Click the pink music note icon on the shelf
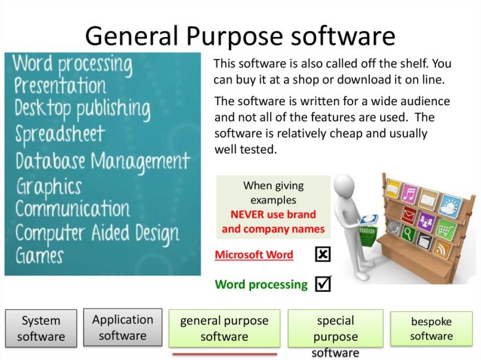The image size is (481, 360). tap(410, 193)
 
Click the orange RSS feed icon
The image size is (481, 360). tap(443, 249)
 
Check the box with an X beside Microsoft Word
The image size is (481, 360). tap(322, 255)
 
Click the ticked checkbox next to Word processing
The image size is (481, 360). tap(322, 283)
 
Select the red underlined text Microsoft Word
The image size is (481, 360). tap(254, 255)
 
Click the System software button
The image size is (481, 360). tap(41, 328)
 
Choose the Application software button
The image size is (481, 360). tap(122, 327)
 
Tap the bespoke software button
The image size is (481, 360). tap(432, 328)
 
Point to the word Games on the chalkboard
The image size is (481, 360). tap(40, 256)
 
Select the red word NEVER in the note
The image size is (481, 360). tap(250, 214)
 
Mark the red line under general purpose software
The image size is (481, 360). tap(225, 355)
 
